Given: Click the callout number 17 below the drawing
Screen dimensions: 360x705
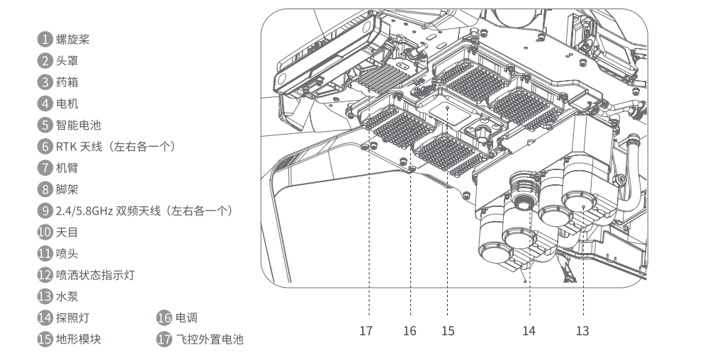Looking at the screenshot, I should tap(366, 331).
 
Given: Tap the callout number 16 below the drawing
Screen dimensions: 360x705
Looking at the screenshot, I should tap(410, 331).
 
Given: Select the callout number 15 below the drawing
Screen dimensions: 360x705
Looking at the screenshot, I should tap(448, 331).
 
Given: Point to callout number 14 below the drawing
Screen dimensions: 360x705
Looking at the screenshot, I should tap(529, 331).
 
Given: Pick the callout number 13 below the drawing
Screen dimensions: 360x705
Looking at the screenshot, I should tap(582, 331).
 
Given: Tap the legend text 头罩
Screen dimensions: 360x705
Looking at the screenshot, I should tap(67, 61).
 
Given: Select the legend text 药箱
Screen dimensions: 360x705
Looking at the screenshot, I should tap(67, 82).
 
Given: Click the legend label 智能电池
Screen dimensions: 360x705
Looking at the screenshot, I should tap(79, 125).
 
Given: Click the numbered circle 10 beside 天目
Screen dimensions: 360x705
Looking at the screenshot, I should tap(45, 232).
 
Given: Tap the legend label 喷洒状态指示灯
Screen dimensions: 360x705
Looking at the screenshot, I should tap(95, 275).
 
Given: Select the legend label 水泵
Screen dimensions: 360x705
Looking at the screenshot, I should tap(67, 296).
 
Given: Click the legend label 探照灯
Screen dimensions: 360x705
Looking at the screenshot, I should tap(73, 318).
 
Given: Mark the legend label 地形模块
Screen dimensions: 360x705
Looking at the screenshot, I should tap(79, 339).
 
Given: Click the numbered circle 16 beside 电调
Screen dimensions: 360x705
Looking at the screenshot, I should tap(164, 318).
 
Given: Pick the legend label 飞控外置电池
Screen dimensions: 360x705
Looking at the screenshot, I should tap(209, 339).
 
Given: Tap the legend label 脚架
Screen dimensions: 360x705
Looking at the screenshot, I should tap(67, 189).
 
